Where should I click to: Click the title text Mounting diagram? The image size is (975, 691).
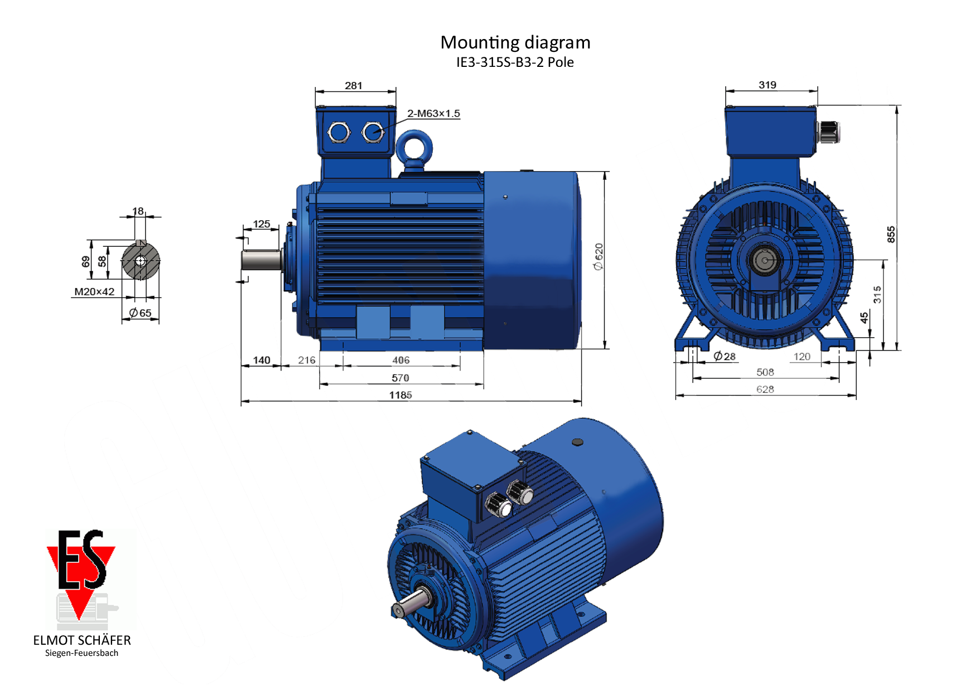pos(515,43)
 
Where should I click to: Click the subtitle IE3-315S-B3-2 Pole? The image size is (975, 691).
pos(515,62)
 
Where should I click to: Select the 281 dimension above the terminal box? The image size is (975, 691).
pos(354,85)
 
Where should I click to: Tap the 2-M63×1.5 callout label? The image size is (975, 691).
pos(433,114)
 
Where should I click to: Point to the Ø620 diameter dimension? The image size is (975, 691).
pos(598,256)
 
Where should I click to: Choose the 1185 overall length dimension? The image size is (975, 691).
pos(400,395)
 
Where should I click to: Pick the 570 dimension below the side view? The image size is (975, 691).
pos(400,378)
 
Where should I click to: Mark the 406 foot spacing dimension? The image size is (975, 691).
pos(400,360)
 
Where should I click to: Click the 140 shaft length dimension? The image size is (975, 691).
pos(262,360)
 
